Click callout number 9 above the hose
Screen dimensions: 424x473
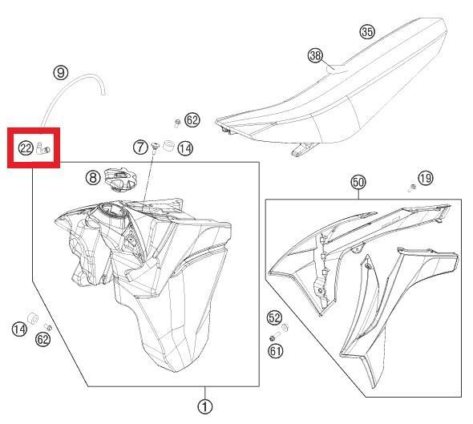click(61, 72)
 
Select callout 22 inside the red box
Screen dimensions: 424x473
click(26, 147)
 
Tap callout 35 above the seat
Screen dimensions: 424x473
click(367, 32)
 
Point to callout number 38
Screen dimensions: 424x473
click(315, 55)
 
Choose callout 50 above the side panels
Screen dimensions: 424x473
click(358, 183)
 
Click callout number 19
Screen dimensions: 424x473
click(425, 179)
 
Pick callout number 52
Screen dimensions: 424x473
click(274, 317)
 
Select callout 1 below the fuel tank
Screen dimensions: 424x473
click(206, 406)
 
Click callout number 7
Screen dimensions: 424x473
click(140, 147)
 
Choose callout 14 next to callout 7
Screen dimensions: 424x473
click(185, 148)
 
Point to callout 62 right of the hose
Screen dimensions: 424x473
click(192, 120)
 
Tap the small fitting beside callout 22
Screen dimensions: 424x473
click(44, 148)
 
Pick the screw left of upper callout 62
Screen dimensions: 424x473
click(176, 122)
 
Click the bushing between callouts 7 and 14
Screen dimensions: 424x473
click(168, 146)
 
